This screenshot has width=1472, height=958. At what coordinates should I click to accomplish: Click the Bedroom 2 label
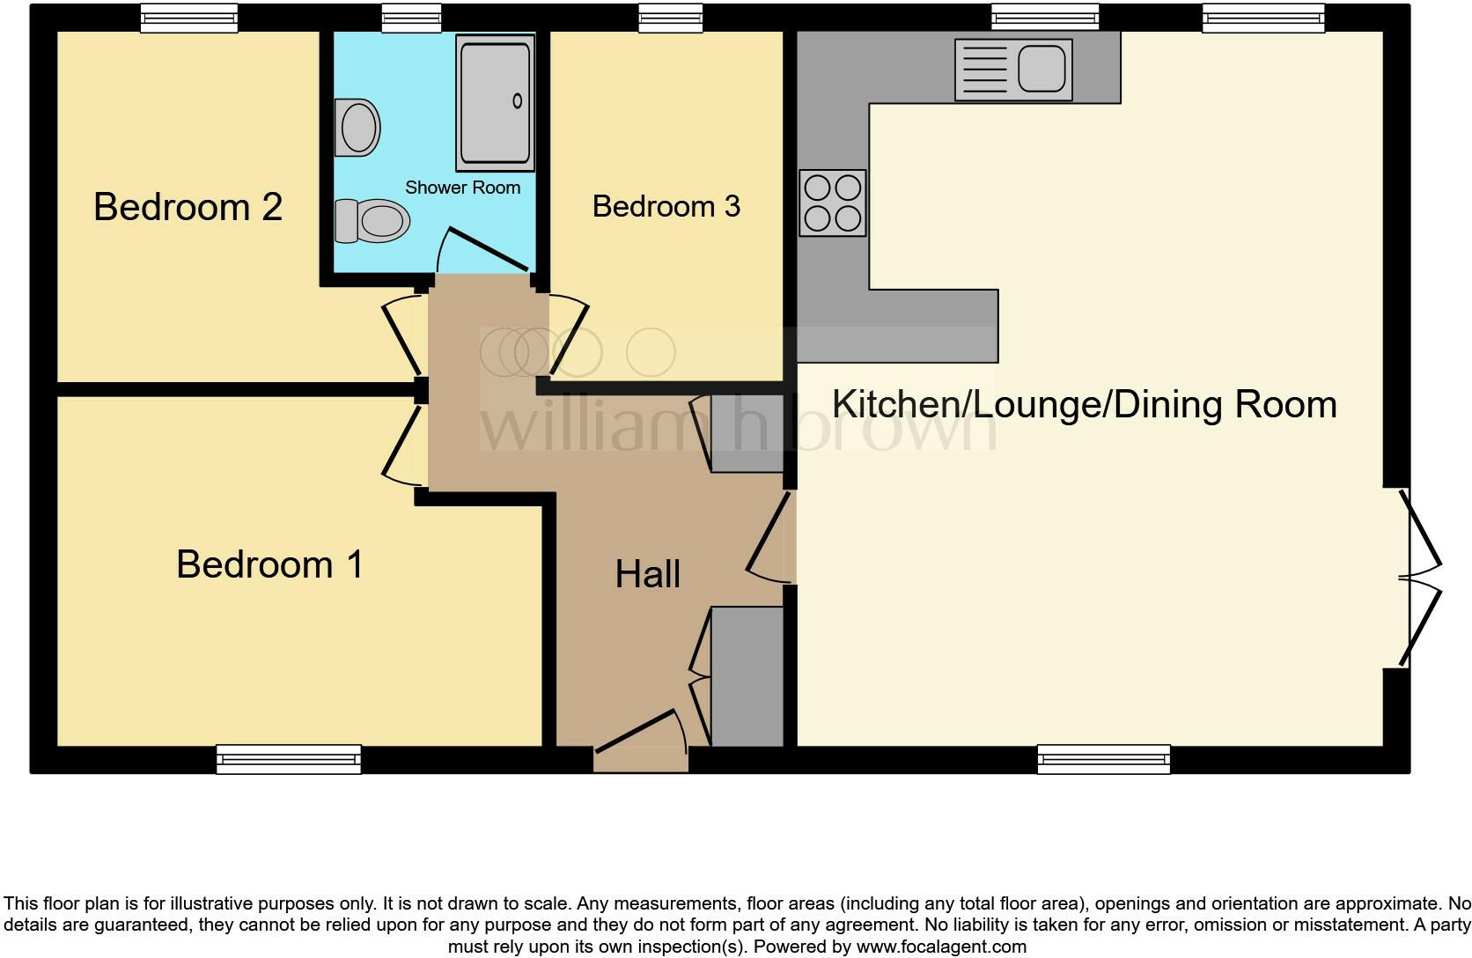[188, 207]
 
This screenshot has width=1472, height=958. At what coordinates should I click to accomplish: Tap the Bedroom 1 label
[269, 564]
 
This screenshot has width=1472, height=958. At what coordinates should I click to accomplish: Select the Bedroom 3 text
[666, 206]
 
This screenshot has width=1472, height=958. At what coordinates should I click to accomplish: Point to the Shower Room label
[462, 188]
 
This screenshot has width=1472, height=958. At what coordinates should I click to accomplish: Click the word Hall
[647, 574]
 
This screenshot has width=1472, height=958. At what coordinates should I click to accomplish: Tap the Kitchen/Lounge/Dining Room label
[1084, 404]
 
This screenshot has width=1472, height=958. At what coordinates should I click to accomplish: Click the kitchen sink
[1013, 69]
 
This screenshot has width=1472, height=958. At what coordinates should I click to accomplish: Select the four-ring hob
[832, 203]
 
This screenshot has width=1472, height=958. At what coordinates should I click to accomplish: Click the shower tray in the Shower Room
[494, 102]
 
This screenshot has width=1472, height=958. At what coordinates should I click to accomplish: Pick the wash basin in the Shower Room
[357, 128]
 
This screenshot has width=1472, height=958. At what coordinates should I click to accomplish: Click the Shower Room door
[486, 249]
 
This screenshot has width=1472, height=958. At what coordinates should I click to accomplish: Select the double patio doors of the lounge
[1418, 578]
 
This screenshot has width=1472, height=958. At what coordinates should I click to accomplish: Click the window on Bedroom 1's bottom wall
[289, 759]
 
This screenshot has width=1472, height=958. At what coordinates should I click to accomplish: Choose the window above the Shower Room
[411, 18]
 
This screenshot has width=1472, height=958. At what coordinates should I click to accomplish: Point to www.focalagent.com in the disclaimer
[940, 947]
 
